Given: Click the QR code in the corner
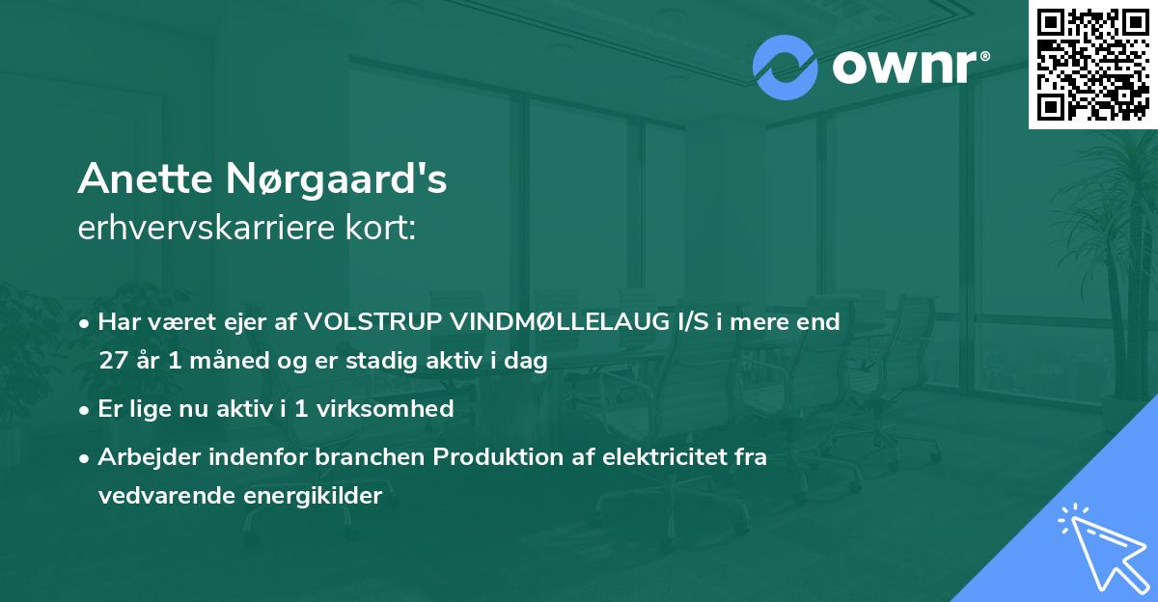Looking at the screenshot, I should click(1092, 64).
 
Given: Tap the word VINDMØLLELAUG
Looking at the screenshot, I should click(549, 322).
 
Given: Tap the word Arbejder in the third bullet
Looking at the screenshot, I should click(139, 457).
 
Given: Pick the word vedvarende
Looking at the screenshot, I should click(152, 496).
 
